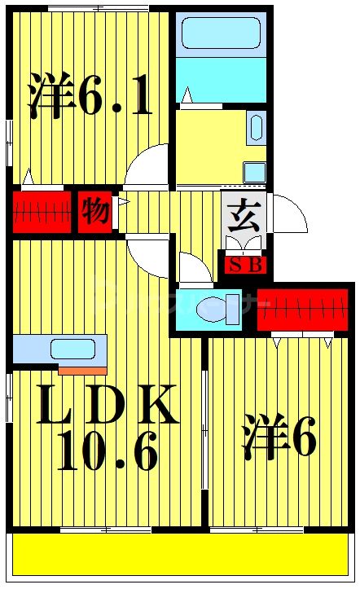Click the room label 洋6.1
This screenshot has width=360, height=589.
pos(90,96)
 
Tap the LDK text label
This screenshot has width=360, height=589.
pos(108,405)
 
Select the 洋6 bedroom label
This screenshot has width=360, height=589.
pos(279,438)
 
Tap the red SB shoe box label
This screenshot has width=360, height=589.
pos(243,266)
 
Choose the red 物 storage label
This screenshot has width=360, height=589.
pos(95,212)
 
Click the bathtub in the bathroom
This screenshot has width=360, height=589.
pos(221,33)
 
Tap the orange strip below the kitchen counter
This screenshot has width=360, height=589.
pos(82,371)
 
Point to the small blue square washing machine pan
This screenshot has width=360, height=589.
pos(255,172)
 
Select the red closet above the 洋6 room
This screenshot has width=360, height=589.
pos(305,310)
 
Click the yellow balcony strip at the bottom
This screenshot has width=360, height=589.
pos(179,555)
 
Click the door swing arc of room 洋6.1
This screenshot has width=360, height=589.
pos(147,167)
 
